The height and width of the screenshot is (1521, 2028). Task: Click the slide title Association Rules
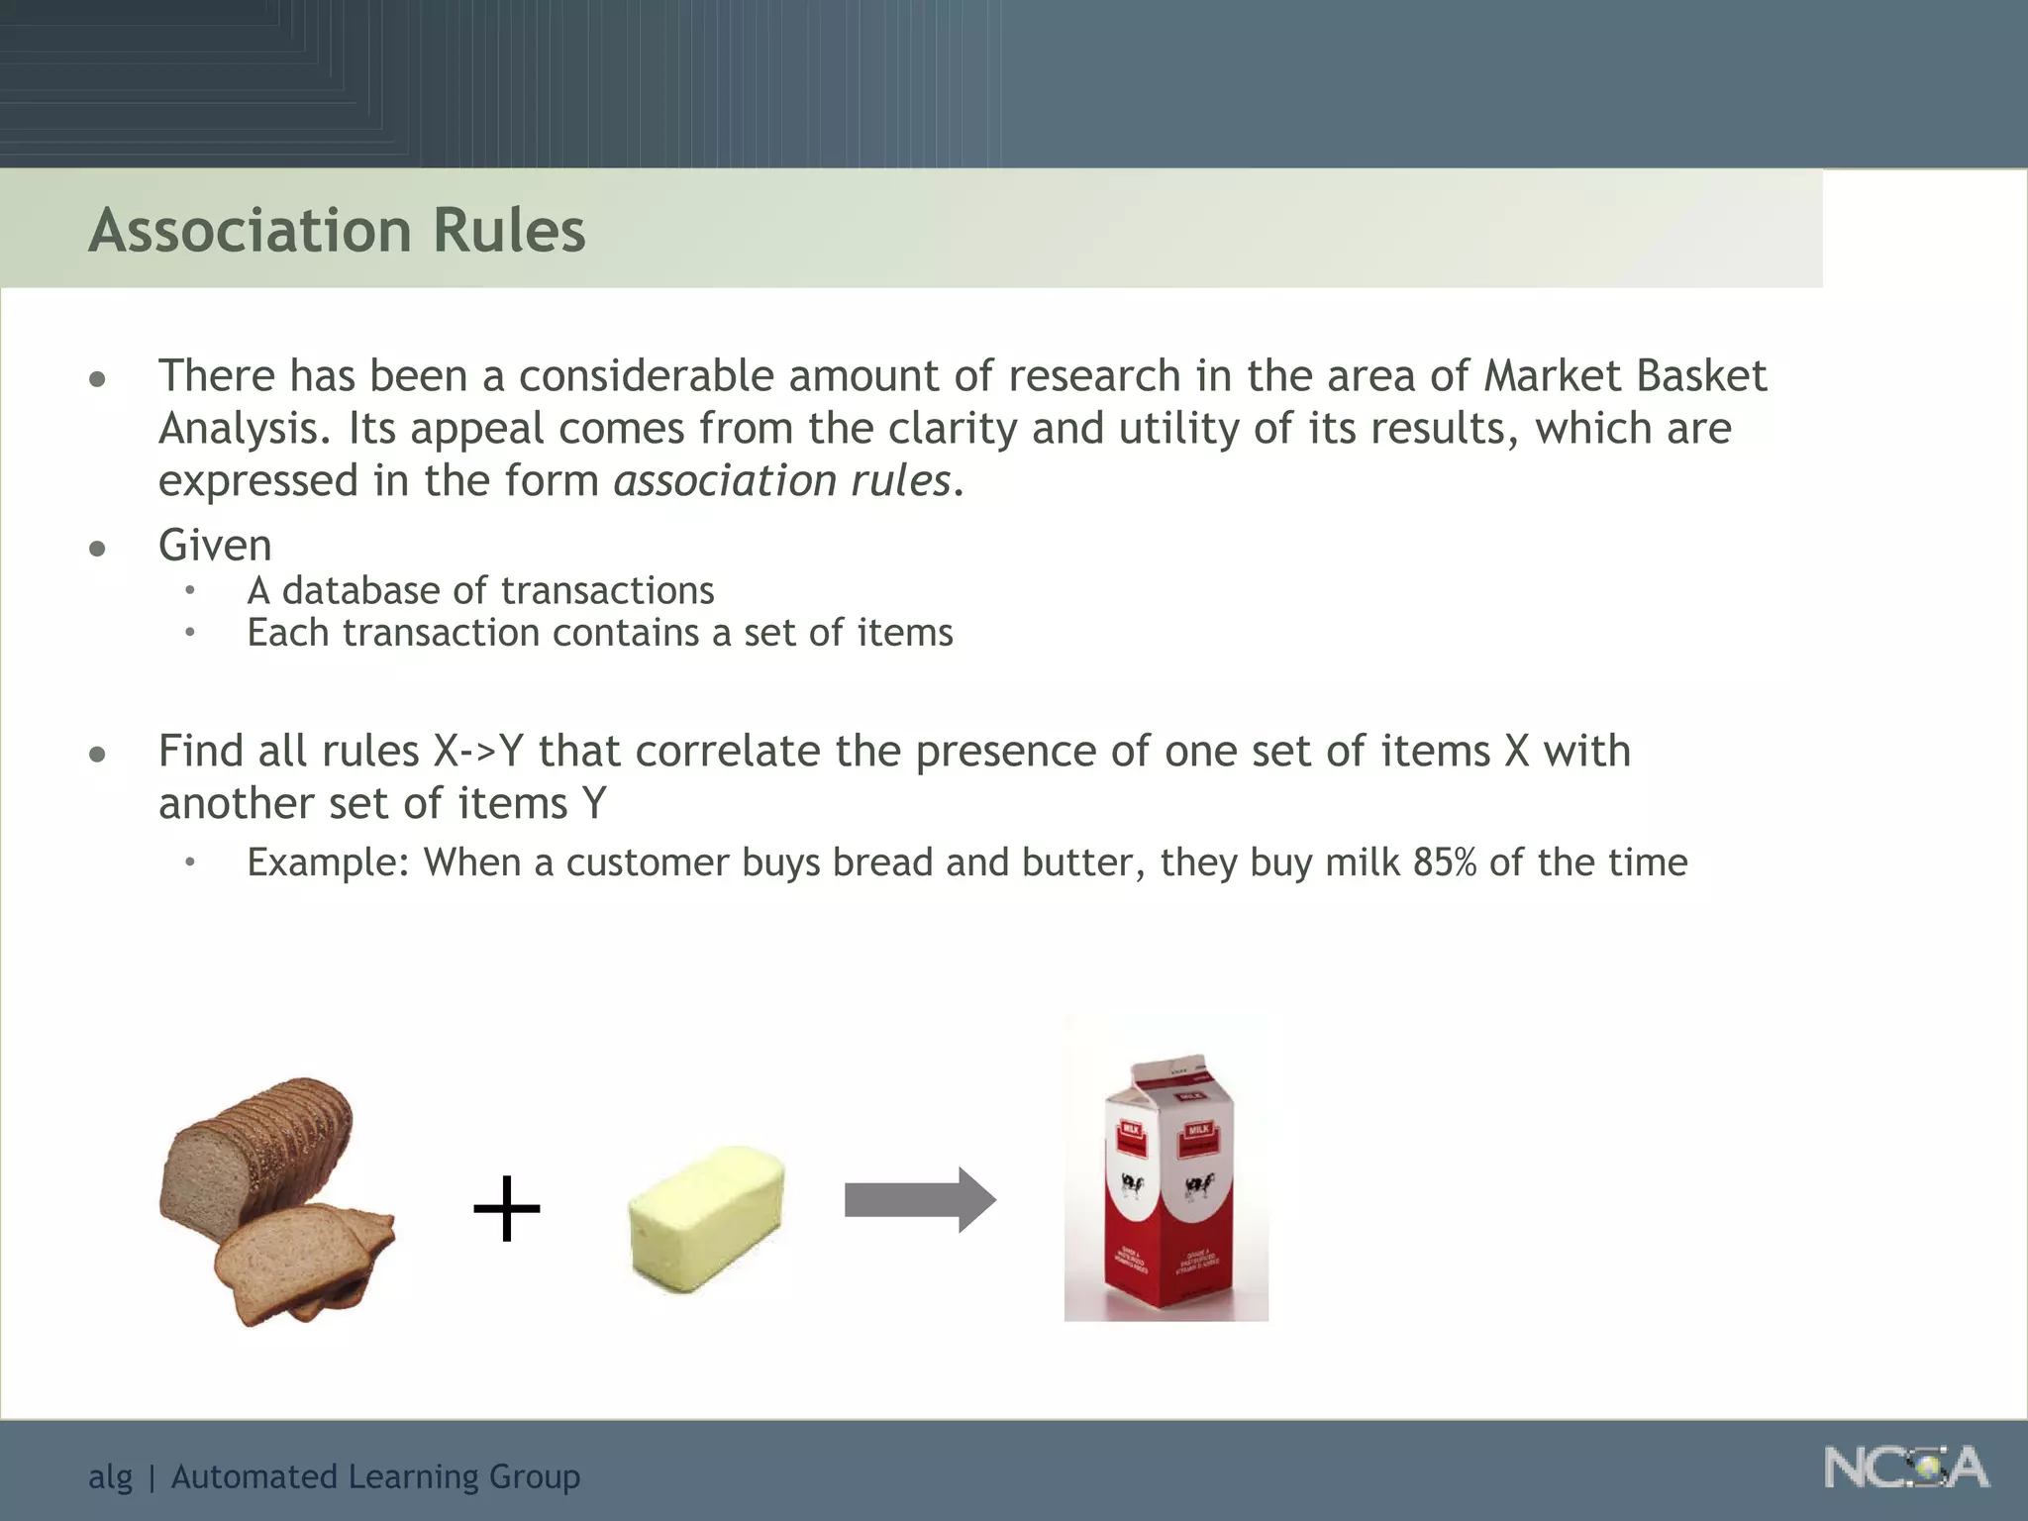(337, 231)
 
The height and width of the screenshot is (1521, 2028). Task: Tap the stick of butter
(707, 1217)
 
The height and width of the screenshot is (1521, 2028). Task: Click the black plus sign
(507, 1209)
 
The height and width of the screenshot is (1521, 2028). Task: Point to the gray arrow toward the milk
(920, 1200)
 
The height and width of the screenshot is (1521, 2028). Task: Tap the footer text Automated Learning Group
(375, 1476)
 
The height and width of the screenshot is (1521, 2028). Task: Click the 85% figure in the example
(1445, 862)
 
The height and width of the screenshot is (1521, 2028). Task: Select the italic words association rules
(782, 481)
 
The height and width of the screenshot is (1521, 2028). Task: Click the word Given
(215, 545)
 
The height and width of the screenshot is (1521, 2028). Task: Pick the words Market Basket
(1625, 376)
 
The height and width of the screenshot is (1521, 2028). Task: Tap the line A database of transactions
(480, 591)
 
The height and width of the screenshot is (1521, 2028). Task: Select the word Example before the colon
(322, 862)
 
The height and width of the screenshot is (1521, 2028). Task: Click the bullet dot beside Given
(97, 548)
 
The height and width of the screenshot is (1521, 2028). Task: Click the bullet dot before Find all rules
(97, 755)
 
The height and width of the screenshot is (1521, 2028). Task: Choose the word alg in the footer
(110, 1476)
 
